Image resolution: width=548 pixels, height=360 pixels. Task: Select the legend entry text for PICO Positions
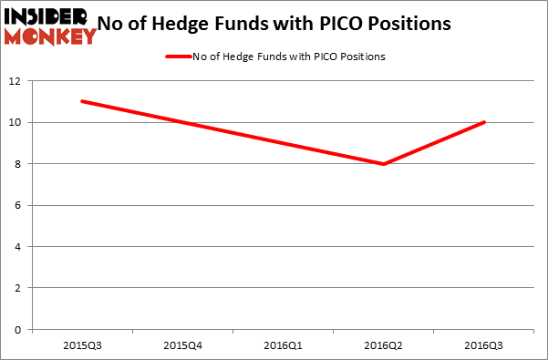(x=289, y=57)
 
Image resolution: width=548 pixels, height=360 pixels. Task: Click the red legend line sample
(x=179, y=57)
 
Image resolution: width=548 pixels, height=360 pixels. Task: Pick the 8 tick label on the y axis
(x=20, y=164)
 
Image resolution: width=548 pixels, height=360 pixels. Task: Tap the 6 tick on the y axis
(x=20, y=205)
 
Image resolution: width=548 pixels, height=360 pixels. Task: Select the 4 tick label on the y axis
(x=20, y=247)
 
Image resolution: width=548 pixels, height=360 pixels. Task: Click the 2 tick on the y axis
(x=20, y=288)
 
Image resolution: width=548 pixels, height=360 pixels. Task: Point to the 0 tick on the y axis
(x=20, y=330)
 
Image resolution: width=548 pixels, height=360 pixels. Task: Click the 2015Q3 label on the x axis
(x=82, y=345)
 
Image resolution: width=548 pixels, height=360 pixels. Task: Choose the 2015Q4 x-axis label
(x=182, y=345)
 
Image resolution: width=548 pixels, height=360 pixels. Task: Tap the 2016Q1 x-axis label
(x=283, y=345)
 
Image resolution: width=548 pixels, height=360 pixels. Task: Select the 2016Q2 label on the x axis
(x=383, y=345)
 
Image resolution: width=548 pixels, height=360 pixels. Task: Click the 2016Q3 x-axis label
(x=483, y=345)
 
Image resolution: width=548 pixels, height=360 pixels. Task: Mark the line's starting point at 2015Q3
(x=82, y=101)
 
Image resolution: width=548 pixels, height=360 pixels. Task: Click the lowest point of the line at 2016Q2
(x=383, y=164)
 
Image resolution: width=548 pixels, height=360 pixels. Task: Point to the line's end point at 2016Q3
(x=483, y=122)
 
